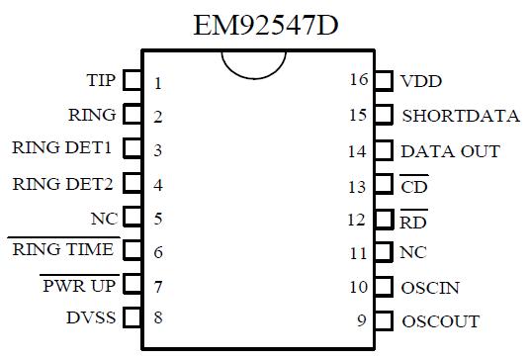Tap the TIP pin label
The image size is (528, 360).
point(101,80)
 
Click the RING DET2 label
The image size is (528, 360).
point(63,183)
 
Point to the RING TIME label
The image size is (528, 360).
point(63,250)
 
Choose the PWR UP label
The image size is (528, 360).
point(79,285)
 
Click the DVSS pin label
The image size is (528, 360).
point(91,317)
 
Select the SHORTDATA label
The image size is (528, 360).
point(460,116)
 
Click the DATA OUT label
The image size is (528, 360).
point(450,151)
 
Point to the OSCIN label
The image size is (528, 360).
point(430,288)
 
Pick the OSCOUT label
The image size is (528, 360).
point(440,321)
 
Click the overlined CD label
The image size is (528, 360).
point(414,185)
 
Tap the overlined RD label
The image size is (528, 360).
point(414,220)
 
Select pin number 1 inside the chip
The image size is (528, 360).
point(158,83)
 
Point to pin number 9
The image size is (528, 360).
point(362,320)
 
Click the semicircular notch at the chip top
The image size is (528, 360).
point(254,61)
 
